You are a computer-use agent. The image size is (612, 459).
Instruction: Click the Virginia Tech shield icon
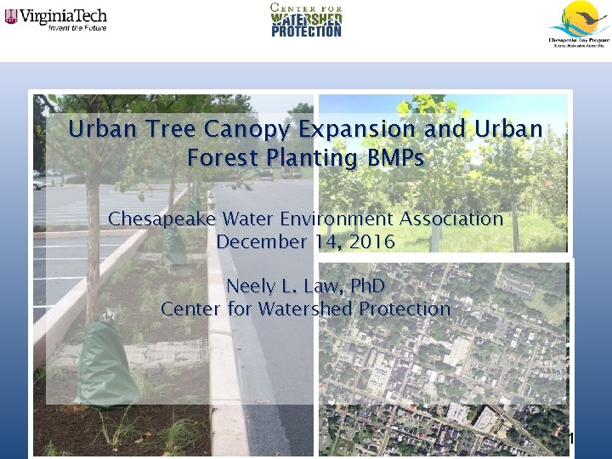point(11,15)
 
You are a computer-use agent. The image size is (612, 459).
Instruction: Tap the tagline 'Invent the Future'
point(77,26)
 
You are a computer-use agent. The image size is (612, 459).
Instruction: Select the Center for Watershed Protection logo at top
point(306,19)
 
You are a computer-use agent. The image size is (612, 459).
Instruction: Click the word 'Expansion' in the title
point(360,130)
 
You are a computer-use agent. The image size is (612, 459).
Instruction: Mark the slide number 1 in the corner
point(571,439)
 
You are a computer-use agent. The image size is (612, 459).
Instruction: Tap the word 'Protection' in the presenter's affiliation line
point(404,309)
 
